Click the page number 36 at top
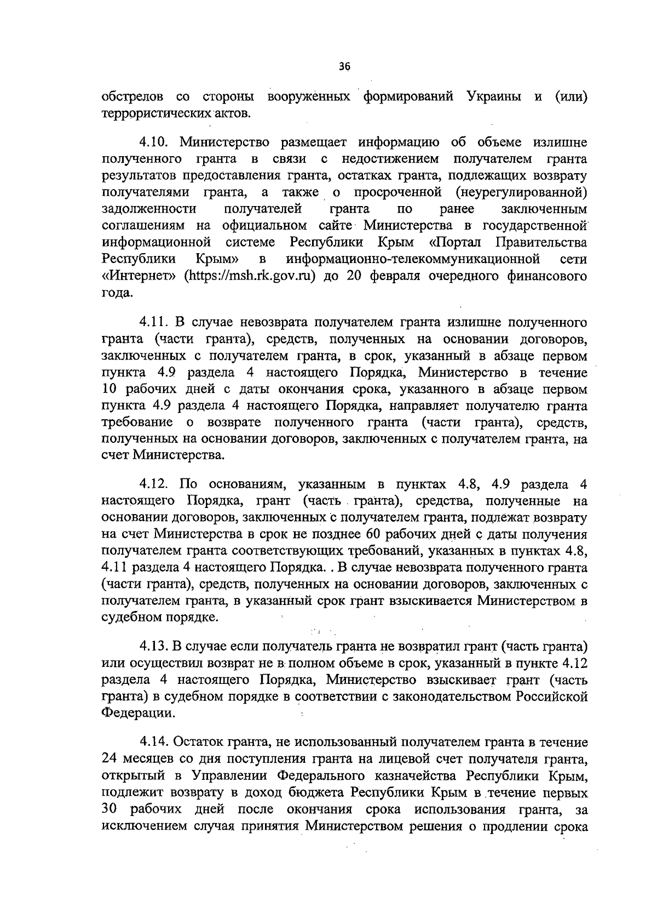[344, 66]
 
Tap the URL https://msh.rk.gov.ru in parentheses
[251, 276]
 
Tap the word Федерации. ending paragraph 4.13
[139, 713]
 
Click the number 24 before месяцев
[112, 759]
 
